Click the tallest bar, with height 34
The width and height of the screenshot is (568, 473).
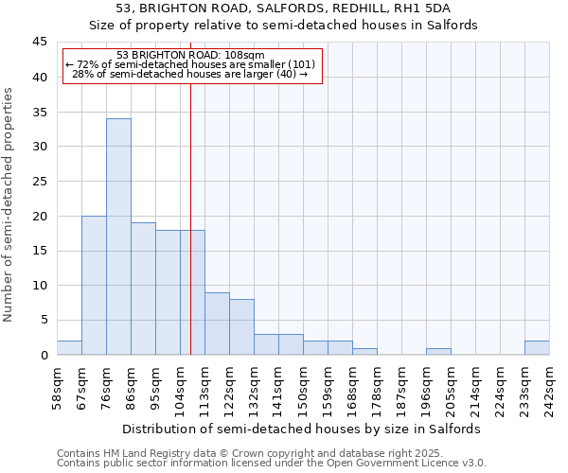[118, 236]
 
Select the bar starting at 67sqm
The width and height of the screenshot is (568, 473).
[94, 285]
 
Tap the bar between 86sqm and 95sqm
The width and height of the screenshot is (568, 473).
[143, 289]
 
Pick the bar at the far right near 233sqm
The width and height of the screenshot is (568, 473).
[537, 347]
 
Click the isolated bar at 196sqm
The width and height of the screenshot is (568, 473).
[438, 351]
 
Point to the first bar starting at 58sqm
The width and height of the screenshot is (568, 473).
[69, 347]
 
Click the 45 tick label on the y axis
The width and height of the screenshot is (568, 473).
[39, 43]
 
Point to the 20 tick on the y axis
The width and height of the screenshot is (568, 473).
[39, 216]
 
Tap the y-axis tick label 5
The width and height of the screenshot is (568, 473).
[43, 320]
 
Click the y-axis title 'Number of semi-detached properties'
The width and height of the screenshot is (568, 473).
[9, 204]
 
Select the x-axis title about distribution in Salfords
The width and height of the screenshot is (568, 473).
[303, 429]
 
